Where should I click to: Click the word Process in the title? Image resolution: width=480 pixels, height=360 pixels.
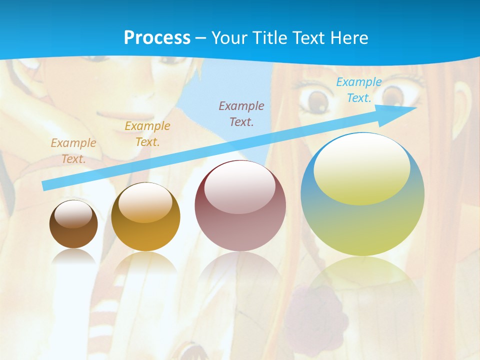[x=157, y=38]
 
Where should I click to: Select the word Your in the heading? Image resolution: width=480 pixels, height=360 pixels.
[x=228, y=38]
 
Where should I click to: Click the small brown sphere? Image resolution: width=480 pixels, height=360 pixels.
[x=73, y=225]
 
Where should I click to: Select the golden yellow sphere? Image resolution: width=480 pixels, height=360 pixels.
[x=145, y=217]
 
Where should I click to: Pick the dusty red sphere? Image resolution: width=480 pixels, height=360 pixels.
[x=240, y=206]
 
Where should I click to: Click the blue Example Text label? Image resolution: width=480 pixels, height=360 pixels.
[x=358, y=90]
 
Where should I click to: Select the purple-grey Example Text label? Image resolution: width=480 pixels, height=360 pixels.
[x=241, y=113]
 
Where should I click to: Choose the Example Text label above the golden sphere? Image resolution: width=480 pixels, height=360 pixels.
[x=147, y=133]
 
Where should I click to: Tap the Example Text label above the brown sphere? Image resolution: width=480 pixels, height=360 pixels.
[x=73, y=151]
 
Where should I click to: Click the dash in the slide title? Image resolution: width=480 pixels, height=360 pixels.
[x=201, y=38]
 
